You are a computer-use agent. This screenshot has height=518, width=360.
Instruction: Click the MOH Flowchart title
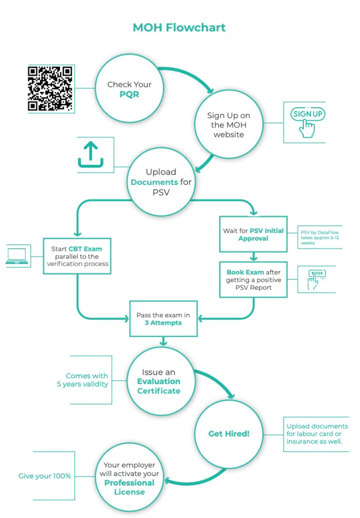click(x=179, y=27)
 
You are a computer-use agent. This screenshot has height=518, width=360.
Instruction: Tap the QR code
click(x=50, y=89)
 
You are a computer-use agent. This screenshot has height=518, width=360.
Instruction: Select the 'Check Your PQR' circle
click(x=129, y=89)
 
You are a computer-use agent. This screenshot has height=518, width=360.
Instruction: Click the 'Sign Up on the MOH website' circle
click(x=229, y=124)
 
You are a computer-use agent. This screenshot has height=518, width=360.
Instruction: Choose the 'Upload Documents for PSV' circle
click(x=161, y=182)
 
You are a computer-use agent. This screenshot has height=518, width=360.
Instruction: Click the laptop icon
click(x=17, y=256)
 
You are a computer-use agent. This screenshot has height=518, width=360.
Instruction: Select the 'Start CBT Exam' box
click(x=77, y=256)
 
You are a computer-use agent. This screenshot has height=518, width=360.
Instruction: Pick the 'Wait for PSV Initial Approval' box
click(x=253, y=234)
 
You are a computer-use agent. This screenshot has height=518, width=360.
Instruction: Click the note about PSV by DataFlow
click(x=320, y=238)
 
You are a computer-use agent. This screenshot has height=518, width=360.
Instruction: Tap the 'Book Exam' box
click(x=253, y=279)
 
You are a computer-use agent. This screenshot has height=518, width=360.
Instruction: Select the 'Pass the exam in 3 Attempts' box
click(x=163, y=319)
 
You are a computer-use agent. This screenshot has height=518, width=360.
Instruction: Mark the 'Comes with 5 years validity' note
click(x=82, y=380)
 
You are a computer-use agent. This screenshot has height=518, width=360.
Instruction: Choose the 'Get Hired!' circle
click(x=229, y=434)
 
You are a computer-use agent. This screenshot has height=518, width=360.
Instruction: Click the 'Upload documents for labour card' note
click(x=317, y=434)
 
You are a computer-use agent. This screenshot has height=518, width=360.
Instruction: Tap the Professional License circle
click(x=129, y=478)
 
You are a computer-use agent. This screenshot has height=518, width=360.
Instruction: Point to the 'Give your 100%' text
click(x=44, y=476)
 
